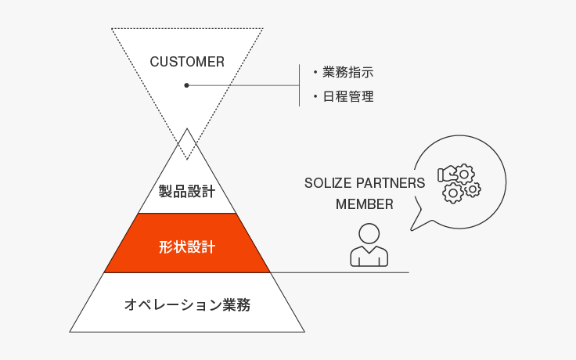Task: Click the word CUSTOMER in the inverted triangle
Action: point(187,62)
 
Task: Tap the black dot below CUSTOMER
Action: point(186,85)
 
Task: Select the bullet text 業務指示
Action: point(348,72)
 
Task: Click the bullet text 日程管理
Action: point(348,96)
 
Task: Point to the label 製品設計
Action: point(187,192)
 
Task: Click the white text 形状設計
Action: point(187,247)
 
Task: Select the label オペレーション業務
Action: point(187,305)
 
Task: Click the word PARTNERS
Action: point(391,183)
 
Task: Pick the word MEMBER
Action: point(365,204)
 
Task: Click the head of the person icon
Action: point(369,234)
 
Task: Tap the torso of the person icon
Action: point(369,256)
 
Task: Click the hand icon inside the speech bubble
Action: point(446,174)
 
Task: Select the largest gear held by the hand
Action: point(464,174)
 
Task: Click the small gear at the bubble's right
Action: point(473,189)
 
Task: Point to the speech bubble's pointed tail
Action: point(412,229)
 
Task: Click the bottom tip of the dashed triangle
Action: point(187,160)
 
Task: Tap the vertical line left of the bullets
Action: point(300,85)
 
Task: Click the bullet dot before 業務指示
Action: point(315,72)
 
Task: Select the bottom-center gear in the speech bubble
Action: point(453,193)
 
